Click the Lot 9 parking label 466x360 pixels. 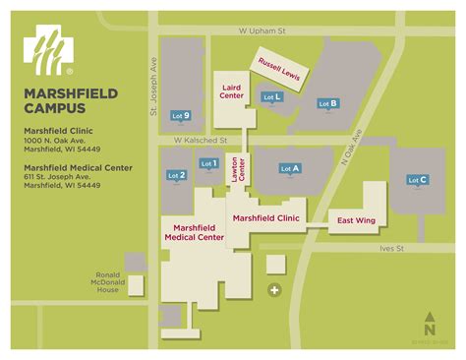point(180,116)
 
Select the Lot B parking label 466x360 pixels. point(328,103)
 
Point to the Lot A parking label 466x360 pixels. point(290,168)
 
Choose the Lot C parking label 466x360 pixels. point(417,180)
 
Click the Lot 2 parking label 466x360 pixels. point(177,174)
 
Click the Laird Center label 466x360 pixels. point(232,91)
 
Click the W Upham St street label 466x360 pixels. point(261,31)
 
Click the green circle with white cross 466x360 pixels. point(275,290)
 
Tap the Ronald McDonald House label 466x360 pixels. point(107,283)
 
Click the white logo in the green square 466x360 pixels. point(49,51)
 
